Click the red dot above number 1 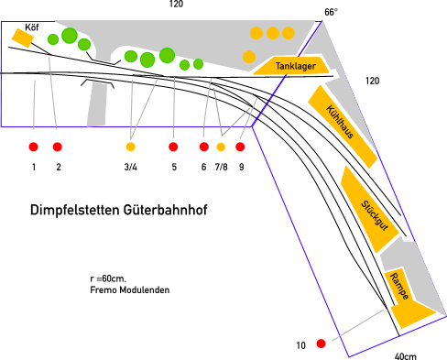(x=33, y=147)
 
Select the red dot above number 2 (x=58, y=147)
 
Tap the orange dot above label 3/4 (x=130, y=147)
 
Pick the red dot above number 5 (x=173, y=147)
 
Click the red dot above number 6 (x=204, y=147)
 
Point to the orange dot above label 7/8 (x=221, y=147)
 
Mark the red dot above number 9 (x=240, y=147)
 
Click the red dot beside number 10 (x=321, y=344)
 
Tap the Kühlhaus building (x=343, y=125)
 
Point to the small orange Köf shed (x=22, y=38)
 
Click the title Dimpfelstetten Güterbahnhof (x=119, y=211)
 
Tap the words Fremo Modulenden (x=130, y=290)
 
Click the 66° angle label (x=331, y=12)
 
